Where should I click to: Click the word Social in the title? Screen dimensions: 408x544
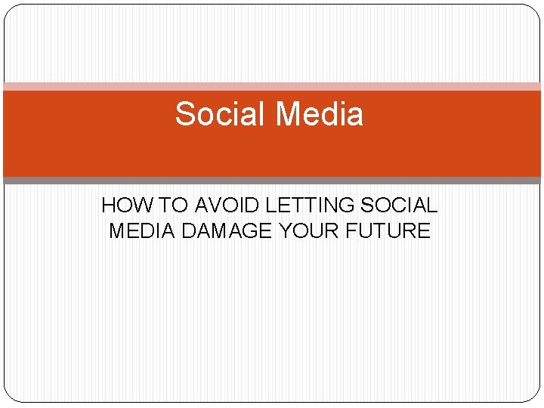(220, 115)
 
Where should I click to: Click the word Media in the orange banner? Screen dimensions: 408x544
(319, 115)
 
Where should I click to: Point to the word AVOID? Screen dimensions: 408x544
(224, 206)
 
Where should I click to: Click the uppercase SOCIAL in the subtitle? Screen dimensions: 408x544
(399, 206)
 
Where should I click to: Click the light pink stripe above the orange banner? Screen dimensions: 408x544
(272, 87)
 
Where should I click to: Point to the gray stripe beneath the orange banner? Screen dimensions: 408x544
(272, 181)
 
